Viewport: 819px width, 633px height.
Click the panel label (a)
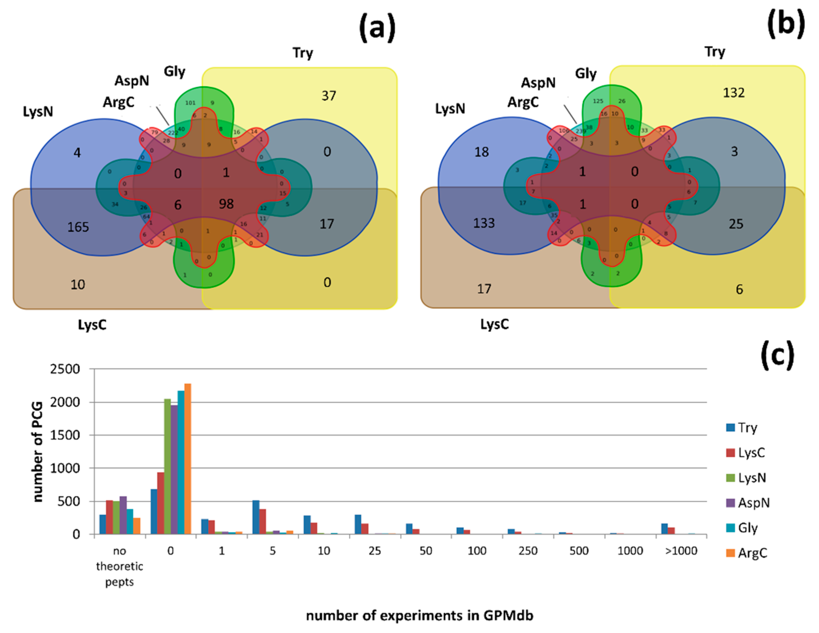pos(377,27)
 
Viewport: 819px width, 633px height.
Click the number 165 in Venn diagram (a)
pos(78,227)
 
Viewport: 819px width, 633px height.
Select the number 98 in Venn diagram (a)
pos(226,204)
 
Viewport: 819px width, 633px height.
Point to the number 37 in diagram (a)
pos(329,96)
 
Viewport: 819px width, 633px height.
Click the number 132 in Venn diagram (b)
pos(734,93)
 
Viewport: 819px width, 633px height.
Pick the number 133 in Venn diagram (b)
pos(484,223)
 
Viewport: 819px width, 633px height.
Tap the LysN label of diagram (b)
pos(450,109)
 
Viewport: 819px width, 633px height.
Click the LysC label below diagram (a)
pos(92,325)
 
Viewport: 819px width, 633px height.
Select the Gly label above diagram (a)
pos(174,71)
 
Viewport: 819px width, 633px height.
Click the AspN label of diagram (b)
pos(538,83)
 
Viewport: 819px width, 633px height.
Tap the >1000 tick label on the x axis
pos(681,551)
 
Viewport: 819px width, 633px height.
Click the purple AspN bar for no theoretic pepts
pos(123,515)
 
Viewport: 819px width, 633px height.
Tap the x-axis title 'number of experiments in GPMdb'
pos(420,616)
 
